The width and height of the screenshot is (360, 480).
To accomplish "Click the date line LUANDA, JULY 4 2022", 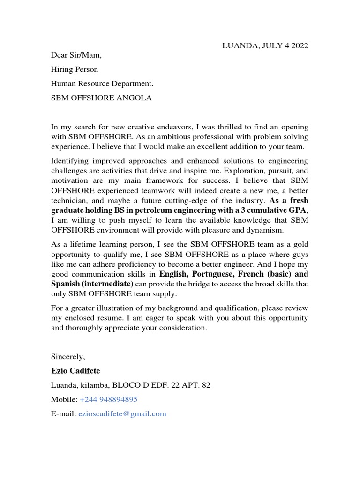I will (265, 45).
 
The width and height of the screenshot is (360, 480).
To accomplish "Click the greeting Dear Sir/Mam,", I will (76, 55).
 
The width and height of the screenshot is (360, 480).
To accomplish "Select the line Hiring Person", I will (75, 69).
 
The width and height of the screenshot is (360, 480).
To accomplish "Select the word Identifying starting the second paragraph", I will (71, 161).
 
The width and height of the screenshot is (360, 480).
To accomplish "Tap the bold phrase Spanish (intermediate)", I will (92, 284).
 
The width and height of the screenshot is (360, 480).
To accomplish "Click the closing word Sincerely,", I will (68, 357).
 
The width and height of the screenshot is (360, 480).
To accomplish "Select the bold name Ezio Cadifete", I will (75, 371).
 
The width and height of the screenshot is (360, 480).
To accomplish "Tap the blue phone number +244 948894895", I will (108, 399).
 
